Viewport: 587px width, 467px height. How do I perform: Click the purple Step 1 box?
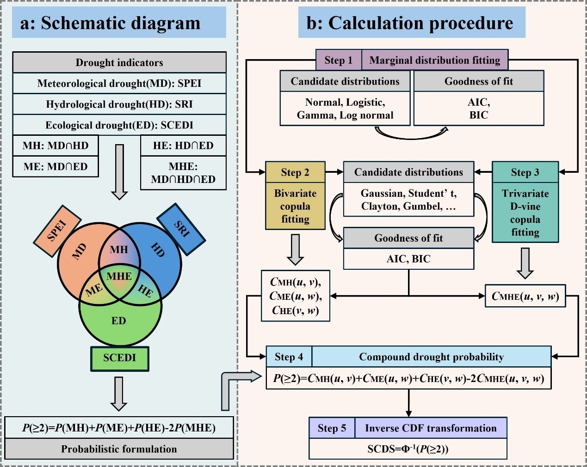pyautogui.click(x=338, y=60)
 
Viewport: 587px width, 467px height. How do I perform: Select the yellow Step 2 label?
pyautogui.click(x=295, y=172)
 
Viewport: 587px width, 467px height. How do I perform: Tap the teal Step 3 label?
pyautogui.click(x=525, y=172)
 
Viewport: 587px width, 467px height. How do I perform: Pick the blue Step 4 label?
pyautogui.click(x=289, y=357)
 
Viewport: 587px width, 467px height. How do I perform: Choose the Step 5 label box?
pyautogui.click(x=332, y=428)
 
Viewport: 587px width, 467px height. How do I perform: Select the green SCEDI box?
pyautogui.click(x=119, y=358)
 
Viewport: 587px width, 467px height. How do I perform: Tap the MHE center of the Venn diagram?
pyautogui.click(x=119, y=276)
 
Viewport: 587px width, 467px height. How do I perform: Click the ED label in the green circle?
pyautogui.click(x=119, y=321)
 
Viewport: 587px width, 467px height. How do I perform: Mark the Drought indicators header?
pyautogui.click(x=119, y=62)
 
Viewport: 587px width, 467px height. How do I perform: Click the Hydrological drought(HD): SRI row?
pyautogui.click(x=119, y=104)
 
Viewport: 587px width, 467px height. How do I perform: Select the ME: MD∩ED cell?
pyautogui.click(x=56, y=166)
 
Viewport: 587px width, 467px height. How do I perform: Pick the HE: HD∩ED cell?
pyautogui.click(x=183, y=146)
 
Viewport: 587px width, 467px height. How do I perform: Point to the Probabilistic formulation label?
pyautogui.click(x=119, y=449)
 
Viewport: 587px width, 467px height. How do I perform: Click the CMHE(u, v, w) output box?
pyautogui.click(x=525, y=296)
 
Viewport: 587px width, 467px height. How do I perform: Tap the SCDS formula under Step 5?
pyautogui.click(x=408, y=449)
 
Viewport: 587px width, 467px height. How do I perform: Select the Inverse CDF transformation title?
pyautogui.click(x=431, y=428)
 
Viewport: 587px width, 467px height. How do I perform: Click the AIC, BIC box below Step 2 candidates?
pyautogui.click(x=408, y=259)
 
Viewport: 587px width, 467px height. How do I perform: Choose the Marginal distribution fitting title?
pyautogui.click(x=435, y=60)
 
